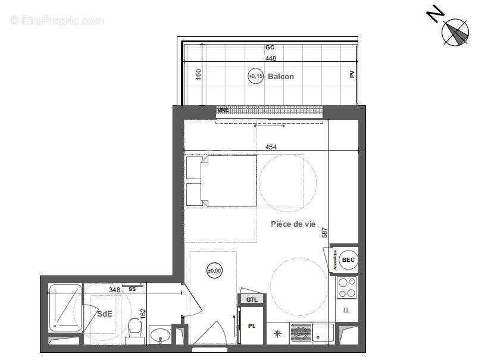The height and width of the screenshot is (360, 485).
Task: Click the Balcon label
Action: [280, 76]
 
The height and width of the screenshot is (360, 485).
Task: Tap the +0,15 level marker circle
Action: [256, 76]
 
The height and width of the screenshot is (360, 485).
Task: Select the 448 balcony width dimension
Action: [271, 58]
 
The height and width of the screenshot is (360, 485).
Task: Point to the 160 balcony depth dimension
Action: [199, 74]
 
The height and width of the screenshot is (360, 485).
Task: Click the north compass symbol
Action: [455, 32]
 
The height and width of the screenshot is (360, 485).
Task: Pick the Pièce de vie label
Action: [293, 224]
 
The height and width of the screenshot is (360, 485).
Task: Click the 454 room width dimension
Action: [271, 146]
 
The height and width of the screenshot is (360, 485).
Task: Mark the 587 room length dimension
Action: [325, 232]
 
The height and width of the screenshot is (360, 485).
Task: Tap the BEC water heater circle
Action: [348, 260]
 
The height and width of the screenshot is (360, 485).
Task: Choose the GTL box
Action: [252, 299]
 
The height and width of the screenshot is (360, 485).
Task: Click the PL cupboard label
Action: [251, 325]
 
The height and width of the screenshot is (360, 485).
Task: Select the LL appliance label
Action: [347, 310]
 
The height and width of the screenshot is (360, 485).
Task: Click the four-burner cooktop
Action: [347, 287]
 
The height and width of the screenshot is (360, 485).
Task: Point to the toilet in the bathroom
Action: [136, 328]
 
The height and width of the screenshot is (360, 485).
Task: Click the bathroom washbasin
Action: [159, 336]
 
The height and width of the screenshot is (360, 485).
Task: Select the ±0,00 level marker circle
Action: [214, 271]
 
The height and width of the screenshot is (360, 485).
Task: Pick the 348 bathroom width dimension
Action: [114, 290]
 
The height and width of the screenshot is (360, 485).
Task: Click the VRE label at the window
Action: [223, 110]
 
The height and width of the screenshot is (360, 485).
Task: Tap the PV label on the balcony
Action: [352, 74]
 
